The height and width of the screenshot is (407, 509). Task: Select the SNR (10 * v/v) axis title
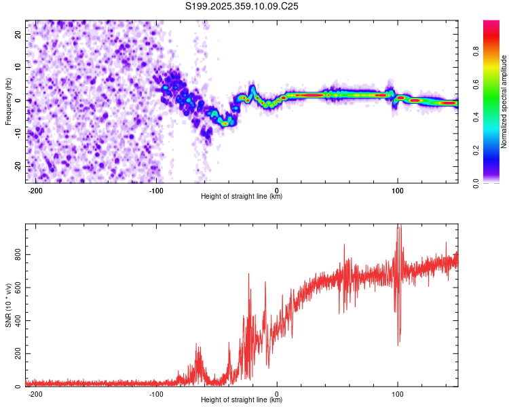click(x=8, y=305)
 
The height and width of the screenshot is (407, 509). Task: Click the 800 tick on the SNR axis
click(x=16, y=254)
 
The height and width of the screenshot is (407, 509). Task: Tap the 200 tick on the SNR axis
click(x=16, y=354)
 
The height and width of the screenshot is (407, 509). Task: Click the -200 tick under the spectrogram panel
click(x=35, y=189)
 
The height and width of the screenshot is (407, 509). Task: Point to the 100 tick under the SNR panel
click(x=398, y=393)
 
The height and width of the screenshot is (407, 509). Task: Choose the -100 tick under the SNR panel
click(x=156, y=393)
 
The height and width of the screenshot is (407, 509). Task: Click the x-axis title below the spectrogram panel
click(x=242, y=197)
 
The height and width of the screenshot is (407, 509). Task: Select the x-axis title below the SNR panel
click(x=242, y=400)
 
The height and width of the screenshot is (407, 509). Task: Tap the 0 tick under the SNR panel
click(x=277, y=393)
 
